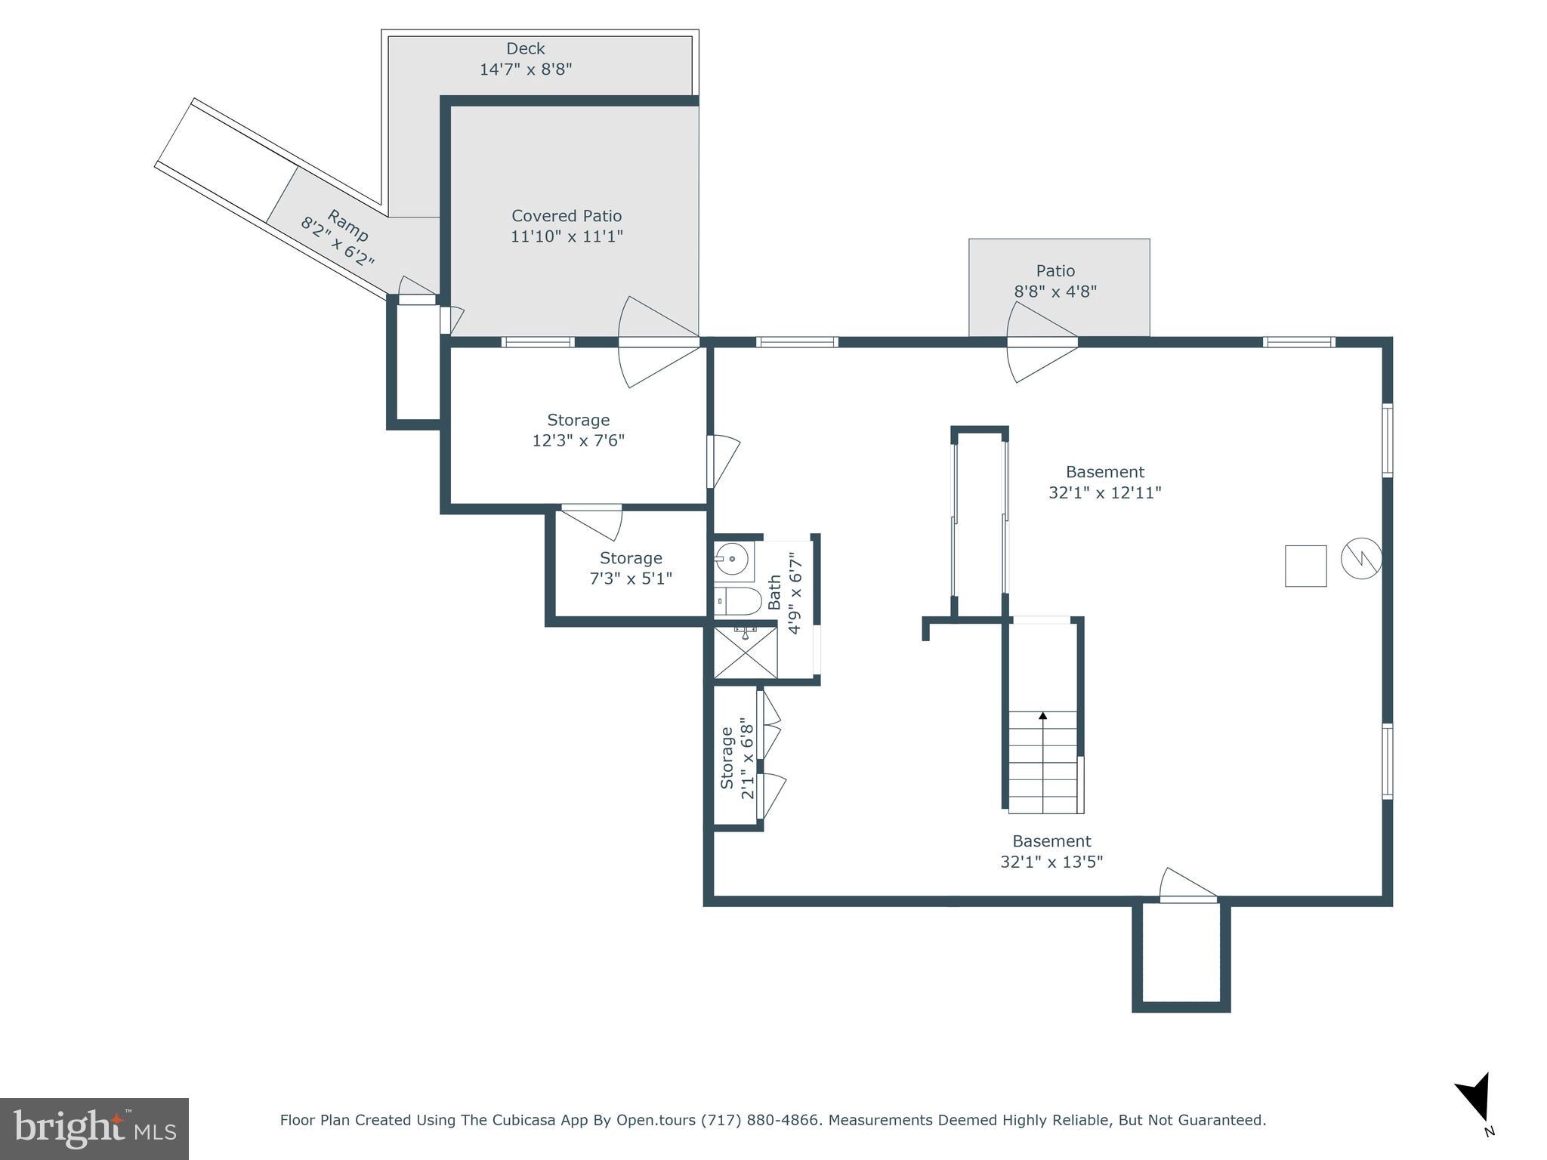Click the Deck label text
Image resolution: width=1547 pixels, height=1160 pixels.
[525, 49]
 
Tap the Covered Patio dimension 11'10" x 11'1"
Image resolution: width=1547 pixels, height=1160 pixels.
[567, 236]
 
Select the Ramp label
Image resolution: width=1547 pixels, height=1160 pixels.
[347, 224]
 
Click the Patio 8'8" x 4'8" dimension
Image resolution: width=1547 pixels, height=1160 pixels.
[1055, 291]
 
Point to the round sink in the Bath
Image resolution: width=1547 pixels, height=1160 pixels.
[731, 560]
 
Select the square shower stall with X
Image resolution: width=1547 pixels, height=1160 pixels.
[745, 652]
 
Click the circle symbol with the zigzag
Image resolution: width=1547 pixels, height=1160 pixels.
[1361, 559]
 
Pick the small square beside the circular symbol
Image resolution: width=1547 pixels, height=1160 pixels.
[1305, 566]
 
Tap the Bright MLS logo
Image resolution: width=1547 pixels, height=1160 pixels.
[94, 1128]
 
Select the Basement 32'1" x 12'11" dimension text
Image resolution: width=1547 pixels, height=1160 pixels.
[1104, 492]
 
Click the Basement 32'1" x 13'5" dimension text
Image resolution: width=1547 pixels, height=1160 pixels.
[1051, 862]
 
